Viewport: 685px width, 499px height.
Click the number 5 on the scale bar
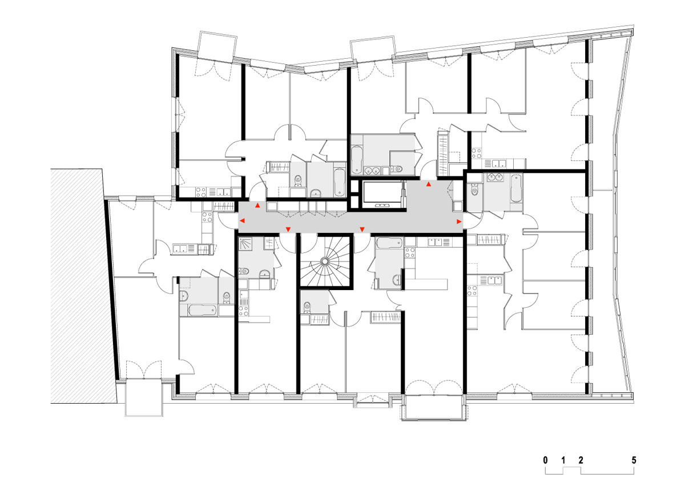pos(634,459)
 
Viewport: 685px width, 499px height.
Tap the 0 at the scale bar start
pos(546,459)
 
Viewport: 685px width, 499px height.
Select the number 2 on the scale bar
pos(581,459)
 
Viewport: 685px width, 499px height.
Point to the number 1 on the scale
pos(563,459)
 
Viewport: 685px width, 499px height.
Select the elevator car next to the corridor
pos(383,194)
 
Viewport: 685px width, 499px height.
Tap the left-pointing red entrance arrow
pos(242,220)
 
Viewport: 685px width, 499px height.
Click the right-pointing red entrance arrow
pos(458,220)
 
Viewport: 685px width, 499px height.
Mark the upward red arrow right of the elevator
pos(429,184)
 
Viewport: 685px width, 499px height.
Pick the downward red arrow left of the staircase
pos(288,230)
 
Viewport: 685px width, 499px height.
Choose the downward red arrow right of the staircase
pos(362,230)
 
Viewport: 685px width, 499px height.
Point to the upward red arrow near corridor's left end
pos(257,205)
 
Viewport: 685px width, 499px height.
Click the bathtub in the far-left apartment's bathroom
pos(198,311)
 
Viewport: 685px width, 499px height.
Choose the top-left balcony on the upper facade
pos(216,46)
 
